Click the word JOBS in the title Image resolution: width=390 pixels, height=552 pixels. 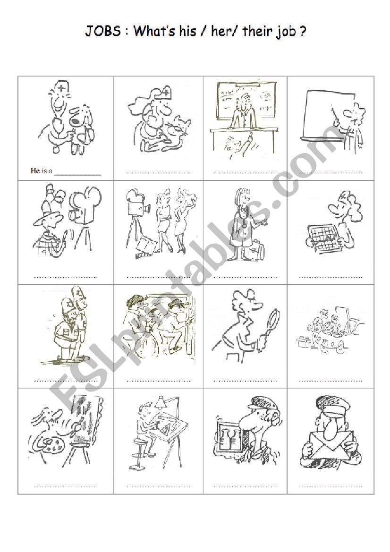click(102, 32)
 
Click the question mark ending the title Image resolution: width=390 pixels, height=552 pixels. click(301, 32)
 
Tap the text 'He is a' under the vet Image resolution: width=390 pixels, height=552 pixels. click(41, 171)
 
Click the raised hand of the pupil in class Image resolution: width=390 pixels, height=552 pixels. click(248, 139)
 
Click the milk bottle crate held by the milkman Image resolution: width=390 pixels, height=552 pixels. click(229, 434)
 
